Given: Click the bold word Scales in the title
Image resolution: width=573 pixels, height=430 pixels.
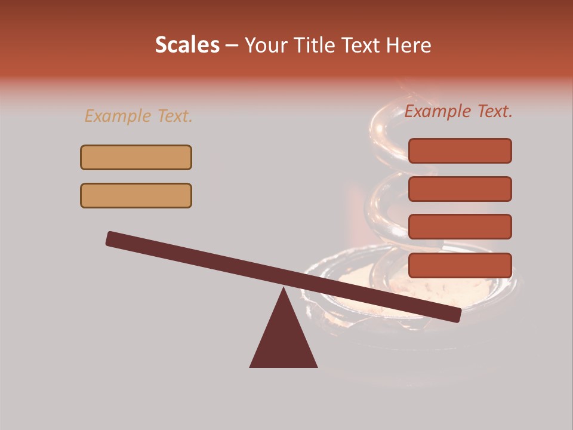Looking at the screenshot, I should (x=187, y=45).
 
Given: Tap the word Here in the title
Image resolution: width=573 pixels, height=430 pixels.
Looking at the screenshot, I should (x=409, y=45).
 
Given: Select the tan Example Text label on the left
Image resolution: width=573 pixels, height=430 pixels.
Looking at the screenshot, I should (x=138, y=116).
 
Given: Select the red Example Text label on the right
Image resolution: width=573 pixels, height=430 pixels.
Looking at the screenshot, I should (x=458, y=111).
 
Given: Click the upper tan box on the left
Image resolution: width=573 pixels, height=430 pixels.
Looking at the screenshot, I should (x=136, y=157).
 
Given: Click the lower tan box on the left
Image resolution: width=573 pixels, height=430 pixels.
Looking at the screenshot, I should (x=136, y=195).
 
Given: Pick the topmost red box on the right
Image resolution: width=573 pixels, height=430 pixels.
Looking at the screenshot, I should (x=460, y=150).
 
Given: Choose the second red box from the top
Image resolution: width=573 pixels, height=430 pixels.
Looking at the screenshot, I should (x=460, y=189).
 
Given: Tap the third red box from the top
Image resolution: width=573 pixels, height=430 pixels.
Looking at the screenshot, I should (x=460, y=227).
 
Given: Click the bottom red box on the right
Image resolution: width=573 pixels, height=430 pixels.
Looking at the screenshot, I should (x=460, y=265).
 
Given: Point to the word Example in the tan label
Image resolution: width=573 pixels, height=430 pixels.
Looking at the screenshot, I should (x=118, y=116).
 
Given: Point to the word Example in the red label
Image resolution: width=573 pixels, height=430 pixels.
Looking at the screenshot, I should (x=438, y=111).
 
